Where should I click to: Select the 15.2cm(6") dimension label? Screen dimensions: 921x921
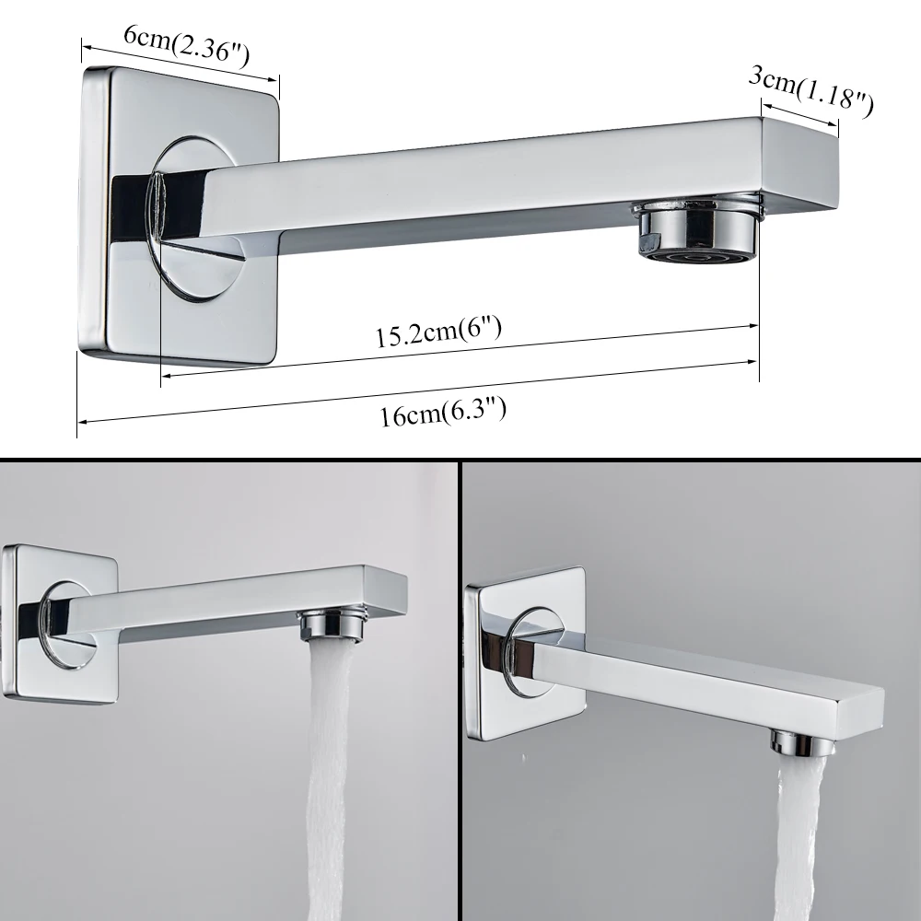coord(438,332)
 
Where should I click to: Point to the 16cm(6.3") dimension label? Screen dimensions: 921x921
coord(443,411)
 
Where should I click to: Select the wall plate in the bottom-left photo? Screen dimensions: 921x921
coord(59,624)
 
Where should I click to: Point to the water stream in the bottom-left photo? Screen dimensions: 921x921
coord(329,780)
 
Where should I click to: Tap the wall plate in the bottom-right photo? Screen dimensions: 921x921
coord(525,654)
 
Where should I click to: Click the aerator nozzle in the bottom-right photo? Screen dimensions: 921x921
coord(803,743)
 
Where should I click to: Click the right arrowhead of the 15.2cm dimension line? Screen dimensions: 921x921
coord(753,326)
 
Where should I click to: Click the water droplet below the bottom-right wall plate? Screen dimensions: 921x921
coord(524,758)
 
